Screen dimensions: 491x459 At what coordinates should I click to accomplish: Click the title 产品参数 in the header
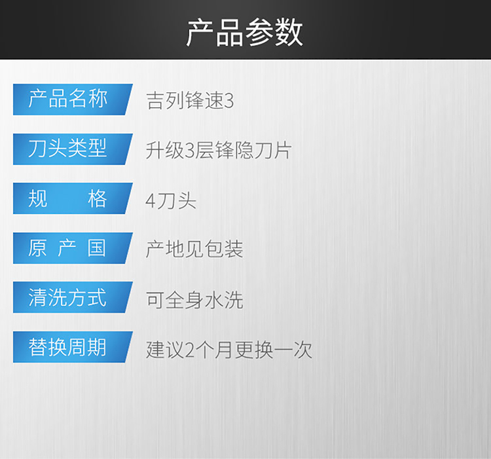[x=245, y=33]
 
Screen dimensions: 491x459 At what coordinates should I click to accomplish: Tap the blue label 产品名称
[x=73, y=100]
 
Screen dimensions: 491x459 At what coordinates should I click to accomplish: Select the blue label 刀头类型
[x=73, y=149]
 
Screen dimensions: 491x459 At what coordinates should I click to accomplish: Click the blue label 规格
[x=73, y=198]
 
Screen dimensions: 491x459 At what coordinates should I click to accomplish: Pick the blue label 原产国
[x=73, y=248]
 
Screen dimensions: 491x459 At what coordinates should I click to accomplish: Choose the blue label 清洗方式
[x=73, y=297]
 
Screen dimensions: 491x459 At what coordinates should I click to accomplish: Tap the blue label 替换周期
[x=73, y=347]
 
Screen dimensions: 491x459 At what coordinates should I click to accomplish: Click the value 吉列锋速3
[x=190, y=100]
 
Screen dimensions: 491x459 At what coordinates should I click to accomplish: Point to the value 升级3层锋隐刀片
[x=219, y=151]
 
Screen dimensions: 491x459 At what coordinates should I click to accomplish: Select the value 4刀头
[x=171, y=200]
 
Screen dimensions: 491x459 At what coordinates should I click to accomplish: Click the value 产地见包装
[x=194, y=249]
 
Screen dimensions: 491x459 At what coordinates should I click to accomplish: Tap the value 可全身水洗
[x=194, y=300]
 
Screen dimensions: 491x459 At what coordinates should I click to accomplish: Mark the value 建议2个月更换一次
[x=229, y=350]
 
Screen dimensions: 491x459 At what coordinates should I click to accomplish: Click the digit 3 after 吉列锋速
[x=229, y=101]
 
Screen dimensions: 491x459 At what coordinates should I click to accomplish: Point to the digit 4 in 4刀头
[x=151, y=201]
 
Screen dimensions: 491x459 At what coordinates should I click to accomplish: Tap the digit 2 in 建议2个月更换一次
[x=190, y=350]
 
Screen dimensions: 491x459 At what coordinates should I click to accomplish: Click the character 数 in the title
[x=289, y=33]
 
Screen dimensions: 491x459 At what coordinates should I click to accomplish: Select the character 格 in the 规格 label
[x=98, y=198]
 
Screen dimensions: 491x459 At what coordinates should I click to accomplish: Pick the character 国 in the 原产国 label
[x=97, y=248]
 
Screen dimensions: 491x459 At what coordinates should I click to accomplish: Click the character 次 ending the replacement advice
[x=303, y=350]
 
